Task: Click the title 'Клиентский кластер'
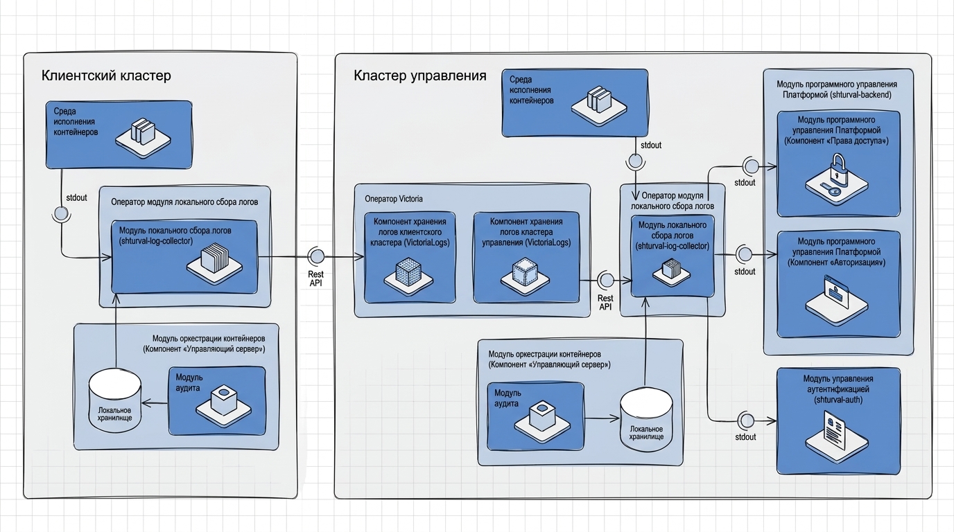click(x=106, y=76)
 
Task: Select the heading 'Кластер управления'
click(x=420, y=76)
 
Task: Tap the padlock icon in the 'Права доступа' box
click(x=837, y=179)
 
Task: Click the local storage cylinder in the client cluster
click(x=114, y=401)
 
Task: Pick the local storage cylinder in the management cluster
click(x=646, y=420)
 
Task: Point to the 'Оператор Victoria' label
click(x=394, y=199)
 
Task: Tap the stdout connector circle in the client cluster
click(x=61, y=213)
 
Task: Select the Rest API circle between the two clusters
click(x=316, y=256)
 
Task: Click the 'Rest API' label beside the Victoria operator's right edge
click(x=605, y=302)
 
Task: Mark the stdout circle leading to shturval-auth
click(x=747, y=420)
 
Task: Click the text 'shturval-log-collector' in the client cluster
click(x=156, y=241)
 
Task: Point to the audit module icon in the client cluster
click(x=223, y=406)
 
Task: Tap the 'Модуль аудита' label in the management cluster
click(x=508, y=398)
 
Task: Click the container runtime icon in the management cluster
click(x=599, y=105)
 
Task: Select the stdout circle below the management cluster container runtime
click(x=636, y=161)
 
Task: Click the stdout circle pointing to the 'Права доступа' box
click(x=751, y=166)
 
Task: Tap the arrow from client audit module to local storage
click(x=155, y=403)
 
